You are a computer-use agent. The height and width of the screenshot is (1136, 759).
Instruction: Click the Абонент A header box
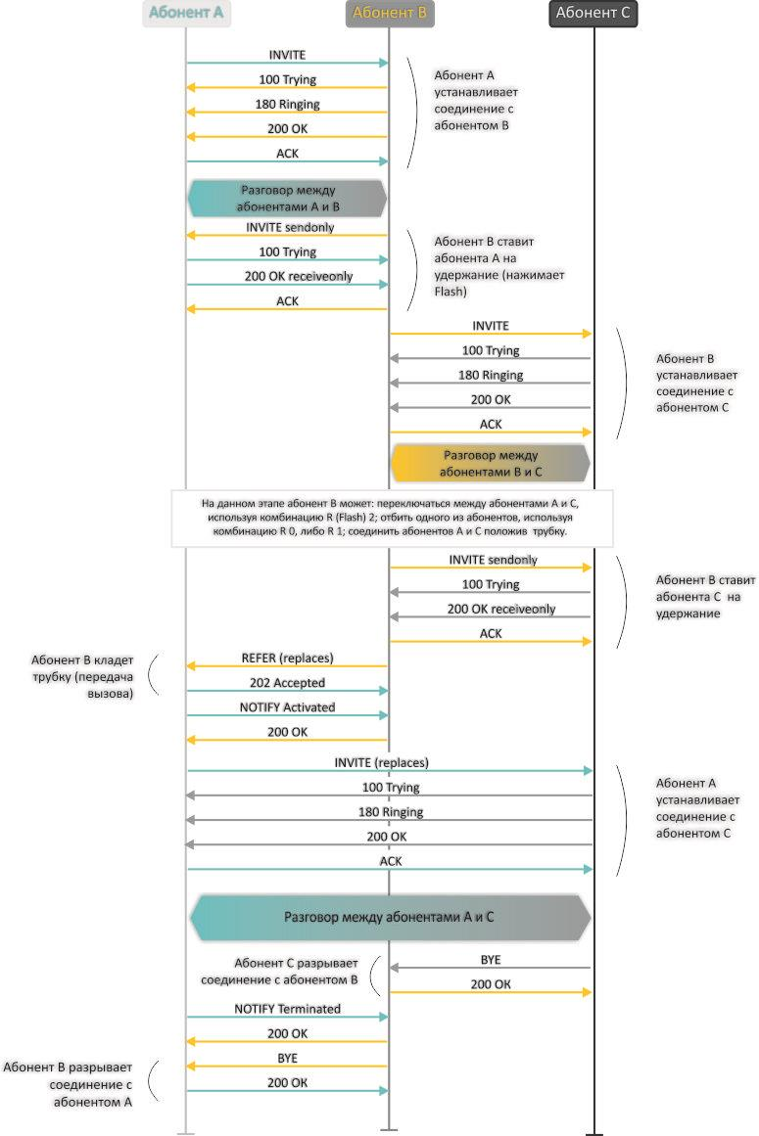click(185, 14)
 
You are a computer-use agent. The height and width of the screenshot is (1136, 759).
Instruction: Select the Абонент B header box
click(389, 14)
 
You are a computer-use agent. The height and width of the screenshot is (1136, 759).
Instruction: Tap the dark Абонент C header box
click(593, 14)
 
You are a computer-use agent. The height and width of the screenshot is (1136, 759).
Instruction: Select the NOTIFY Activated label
click(287, 706)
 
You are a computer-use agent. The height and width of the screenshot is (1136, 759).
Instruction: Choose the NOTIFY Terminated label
click(287, 1008)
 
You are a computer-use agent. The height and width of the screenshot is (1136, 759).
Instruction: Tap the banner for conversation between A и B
click(287, 199)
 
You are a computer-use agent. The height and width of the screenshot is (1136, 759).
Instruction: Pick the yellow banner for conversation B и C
click(490, 463)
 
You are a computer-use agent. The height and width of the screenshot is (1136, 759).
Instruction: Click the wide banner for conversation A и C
click(389, 917)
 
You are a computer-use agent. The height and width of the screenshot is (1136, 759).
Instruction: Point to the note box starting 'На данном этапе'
click(389, 518)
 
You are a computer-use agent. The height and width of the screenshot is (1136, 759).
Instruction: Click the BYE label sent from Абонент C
click(491, 960)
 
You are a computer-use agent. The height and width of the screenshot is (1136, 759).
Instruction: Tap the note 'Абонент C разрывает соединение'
click(280, 971)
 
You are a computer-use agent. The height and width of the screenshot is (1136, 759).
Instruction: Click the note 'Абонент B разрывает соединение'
click(69, 1084)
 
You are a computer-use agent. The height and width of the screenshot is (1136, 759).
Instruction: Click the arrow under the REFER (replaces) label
click(287, 666)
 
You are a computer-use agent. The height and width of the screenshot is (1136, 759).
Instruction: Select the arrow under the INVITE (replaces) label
click(390, 771)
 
